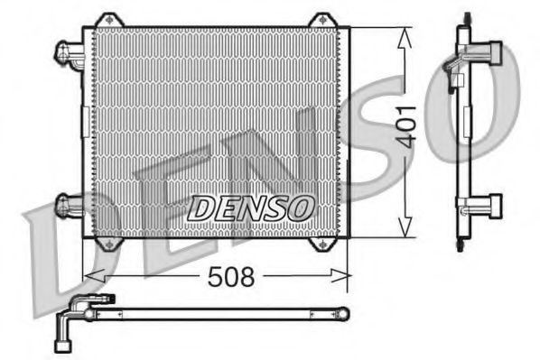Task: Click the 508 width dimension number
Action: click(232, 276)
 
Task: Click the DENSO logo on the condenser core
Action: click(250, 208)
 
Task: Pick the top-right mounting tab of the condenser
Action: click(321, 20)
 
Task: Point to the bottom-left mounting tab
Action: click(109, 244)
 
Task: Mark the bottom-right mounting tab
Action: click(321, 244)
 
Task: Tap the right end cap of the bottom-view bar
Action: click(342, 313)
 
